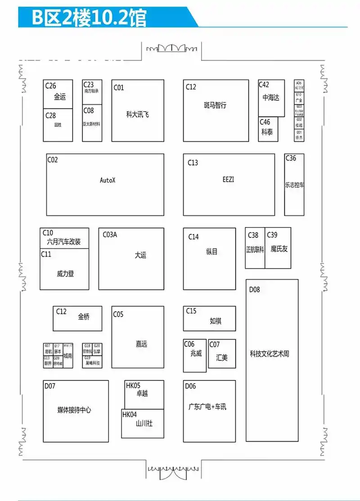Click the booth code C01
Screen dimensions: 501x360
click(118, 88)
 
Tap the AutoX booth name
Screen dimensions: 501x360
click(108, 180)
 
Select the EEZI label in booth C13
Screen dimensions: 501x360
click(228, 179)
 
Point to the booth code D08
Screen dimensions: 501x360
click(254, 290)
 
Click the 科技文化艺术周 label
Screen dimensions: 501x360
click(269, 354)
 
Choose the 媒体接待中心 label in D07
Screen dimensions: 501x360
click(74, 410)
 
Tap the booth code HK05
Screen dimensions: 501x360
click(133, 385)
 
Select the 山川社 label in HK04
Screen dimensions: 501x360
click(144, 423)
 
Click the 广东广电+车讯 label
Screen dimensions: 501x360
click(207, 407)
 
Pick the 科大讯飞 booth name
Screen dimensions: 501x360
click(137, 114)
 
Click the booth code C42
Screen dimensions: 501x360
click(264, 85)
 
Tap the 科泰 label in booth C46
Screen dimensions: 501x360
click(267, 132)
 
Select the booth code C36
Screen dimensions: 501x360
click(291, 158)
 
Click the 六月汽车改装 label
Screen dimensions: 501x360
click(64, 242)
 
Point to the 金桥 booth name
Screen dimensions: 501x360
click(84, 316)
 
